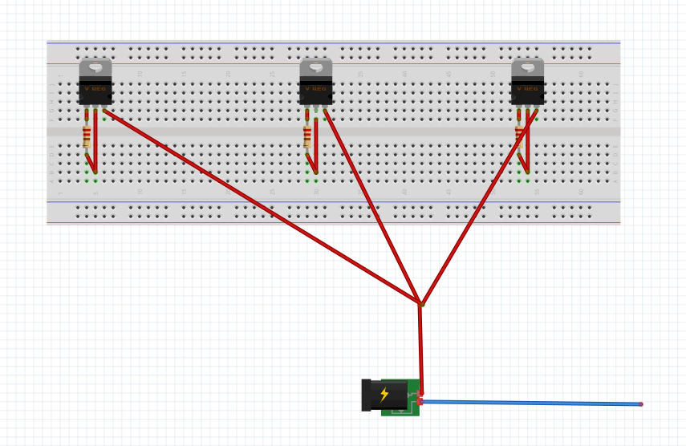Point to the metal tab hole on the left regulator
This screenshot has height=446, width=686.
click(x=95, y=68)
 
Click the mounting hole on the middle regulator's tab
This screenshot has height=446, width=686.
click(x=316, y=68)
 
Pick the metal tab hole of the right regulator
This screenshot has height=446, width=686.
click(x=528, y=68)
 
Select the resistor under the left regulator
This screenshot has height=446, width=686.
click(x=87, y=138)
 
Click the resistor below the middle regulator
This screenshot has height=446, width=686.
click(x=307, y=138)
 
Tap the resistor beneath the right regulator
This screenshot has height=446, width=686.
click(x=519, y=135)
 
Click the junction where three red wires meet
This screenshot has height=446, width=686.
click(x=420, y=304)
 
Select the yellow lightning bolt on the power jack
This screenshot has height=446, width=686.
click(x=384, y=394)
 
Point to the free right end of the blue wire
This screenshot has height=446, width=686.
click(x=640, y=403)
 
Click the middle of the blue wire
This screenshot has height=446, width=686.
click(x=530, y=403)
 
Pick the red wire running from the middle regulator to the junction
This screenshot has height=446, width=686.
click(x=373, y=207)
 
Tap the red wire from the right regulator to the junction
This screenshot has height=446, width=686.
click(x=477, y=207)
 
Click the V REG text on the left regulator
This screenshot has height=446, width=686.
click(x=95, y=88)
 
